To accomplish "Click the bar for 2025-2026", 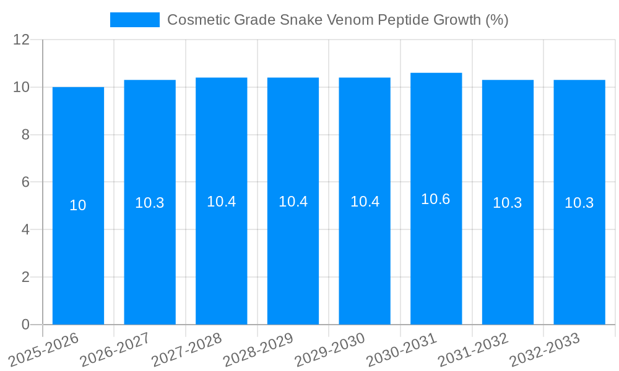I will point(78,260).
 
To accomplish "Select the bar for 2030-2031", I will point(436,260).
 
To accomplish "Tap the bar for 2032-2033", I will point(579,260).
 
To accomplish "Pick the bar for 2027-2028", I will point(221,260).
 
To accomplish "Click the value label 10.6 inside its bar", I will point(436,199).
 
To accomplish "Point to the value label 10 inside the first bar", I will point(78,206).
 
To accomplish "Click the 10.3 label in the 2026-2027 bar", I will point(150,203).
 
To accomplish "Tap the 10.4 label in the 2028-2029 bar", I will point(293,202).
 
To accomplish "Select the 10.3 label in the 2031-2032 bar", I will point(508,203).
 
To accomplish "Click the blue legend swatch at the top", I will point(134,20).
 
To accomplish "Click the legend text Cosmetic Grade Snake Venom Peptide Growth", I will point(337,20).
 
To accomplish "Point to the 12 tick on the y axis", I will point(22,40).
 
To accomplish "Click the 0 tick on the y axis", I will point(25,325).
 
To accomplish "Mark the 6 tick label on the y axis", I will point(25,182).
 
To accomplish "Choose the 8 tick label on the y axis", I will point(25,135).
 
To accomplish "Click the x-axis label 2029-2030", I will point(330,349).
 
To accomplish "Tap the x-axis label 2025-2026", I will point(44,349).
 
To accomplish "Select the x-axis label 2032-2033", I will point(545,349).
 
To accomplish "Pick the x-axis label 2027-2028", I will point(187,349).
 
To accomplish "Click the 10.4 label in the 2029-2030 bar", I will point(365,202).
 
